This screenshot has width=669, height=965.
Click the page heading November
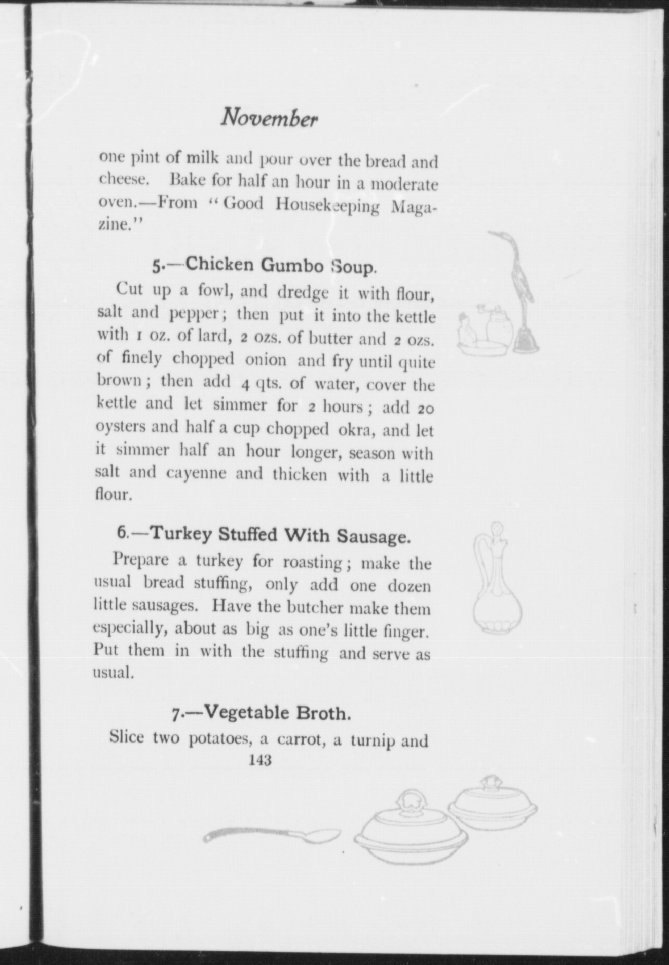coord(269,119)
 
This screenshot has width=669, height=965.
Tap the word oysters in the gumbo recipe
coord(120,427)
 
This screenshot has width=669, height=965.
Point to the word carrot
coord(300,738)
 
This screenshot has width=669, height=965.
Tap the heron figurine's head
coord(499,236)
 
